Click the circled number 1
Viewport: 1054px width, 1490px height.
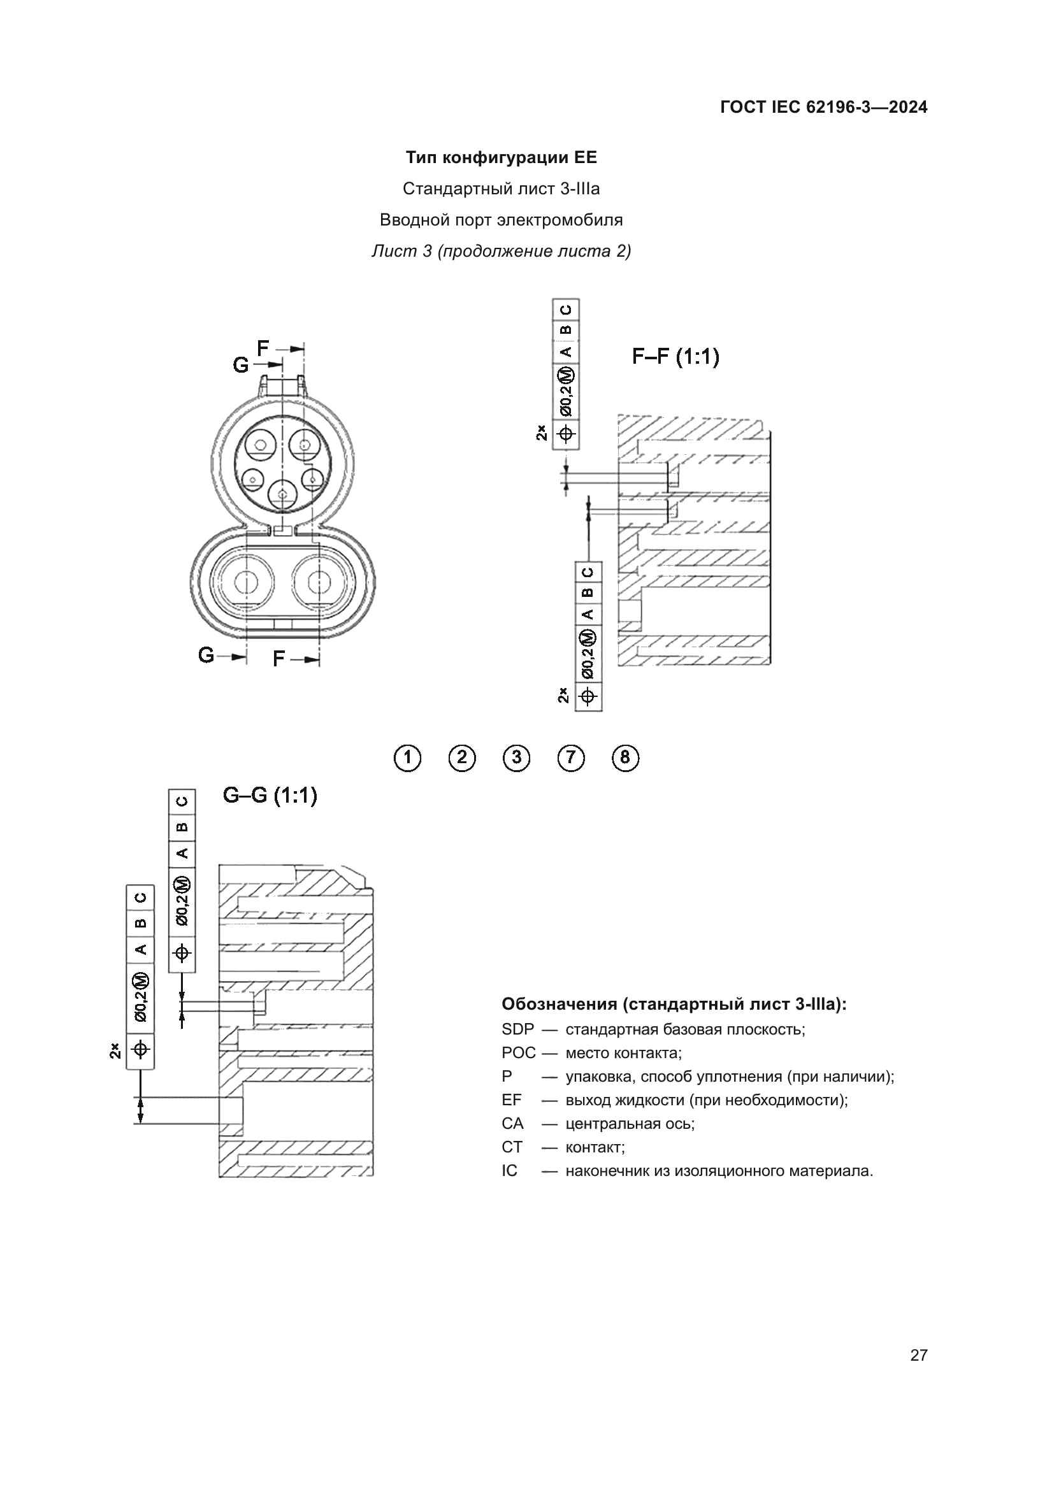tap(407, 757)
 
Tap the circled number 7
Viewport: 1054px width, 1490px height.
tap(570, 757)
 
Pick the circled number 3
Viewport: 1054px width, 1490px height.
tap(516, 757)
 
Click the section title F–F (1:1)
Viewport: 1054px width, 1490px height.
tap(675, 356)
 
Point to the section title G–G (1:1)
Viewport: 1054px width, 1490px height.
tap(270, 795)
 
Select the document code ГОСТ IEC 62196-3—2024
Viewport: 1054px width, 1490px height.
tap(823, 108)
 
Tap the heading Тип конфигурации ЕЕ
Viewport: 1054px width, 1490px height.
tap(501, 158)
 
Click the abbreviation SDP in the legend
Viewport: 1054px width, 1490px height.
tap(517, 1030)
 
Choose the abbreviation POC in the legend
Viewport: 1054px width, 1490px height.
tap(519, 1053)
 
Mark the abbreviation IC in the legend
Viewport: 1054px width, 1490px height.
tap(510, 1171)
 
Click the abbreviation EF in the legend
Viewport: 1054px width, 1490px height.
tap(512, 1100)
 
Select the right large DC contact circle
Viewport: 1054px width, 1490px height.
tap(318, 582)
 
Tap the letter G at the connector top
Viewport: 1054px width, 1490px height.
tap(241, 366)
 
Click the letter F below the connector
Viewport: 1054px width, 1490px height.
tap(278, 659)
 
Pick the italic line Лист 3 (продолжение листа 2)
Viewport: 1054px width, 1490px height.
tap(501, 251)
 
